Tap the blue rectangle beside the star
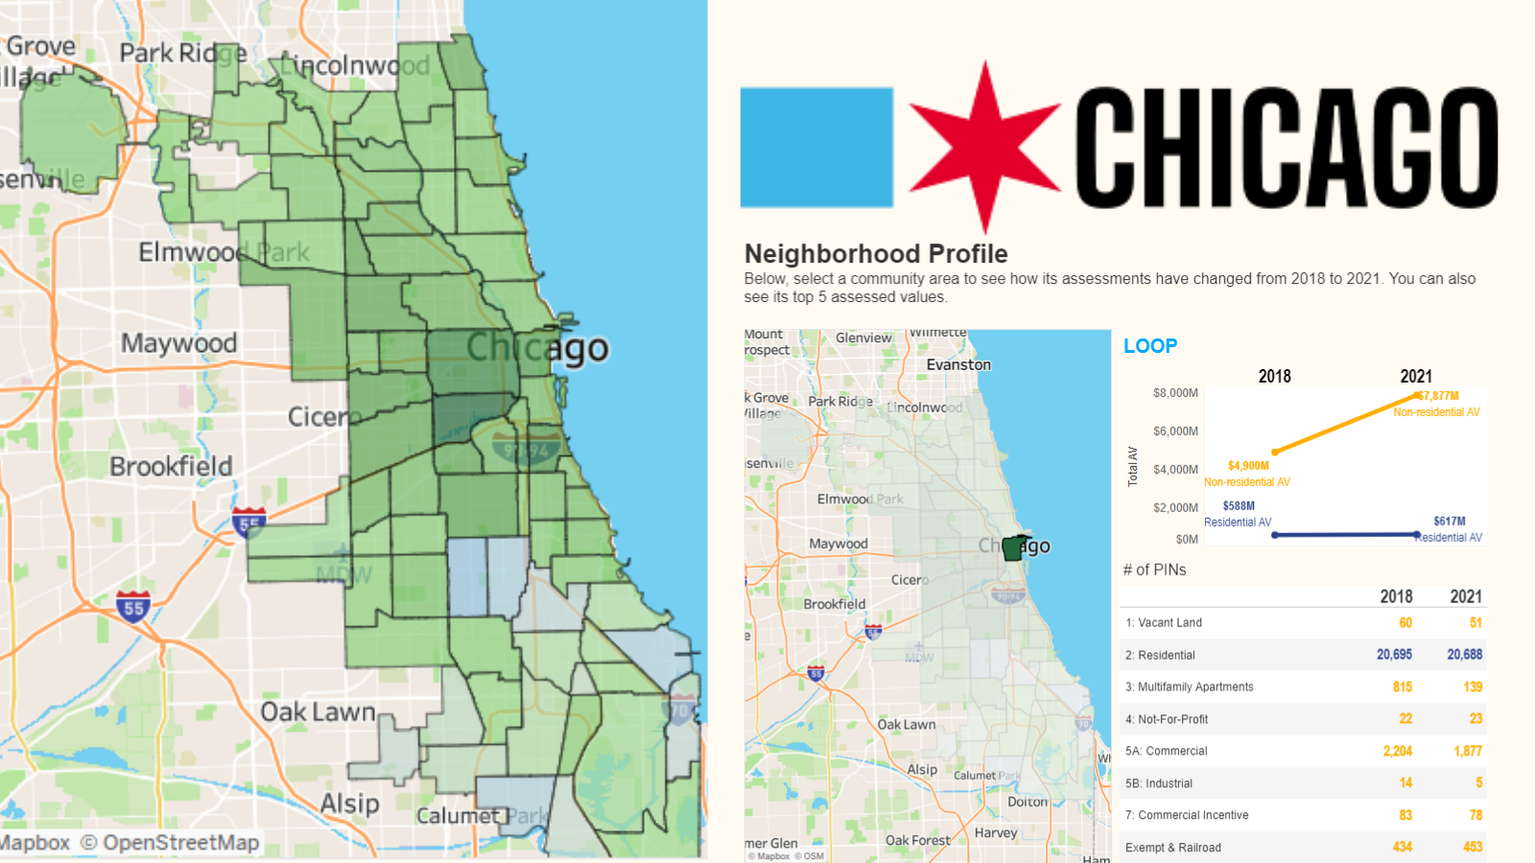(816, 148)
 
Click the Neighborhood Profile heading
(876, 254)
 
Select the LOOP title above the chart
(1150, 346)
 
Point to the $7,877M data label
(1438, 395)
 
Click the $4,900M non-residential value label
(1248, 466)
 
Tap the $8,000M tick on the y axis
(1175, 393)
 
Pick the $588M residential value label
(1239, 506)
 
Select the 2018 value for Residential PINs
(1394, 655)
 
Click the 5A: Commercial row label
(1167, 752)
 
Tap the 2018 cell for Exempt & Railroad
(1402, 848)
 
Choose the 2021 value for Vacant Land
(1476, 623)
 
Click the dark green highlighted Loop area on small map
(1013, 549)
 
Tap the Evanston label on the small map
(958, 365)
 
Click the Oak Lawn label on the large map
(318, 712)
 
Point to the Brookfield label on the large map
(171, 467)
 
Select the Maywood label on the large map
(178, 343)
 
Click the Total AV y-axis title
(1133, 466)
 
